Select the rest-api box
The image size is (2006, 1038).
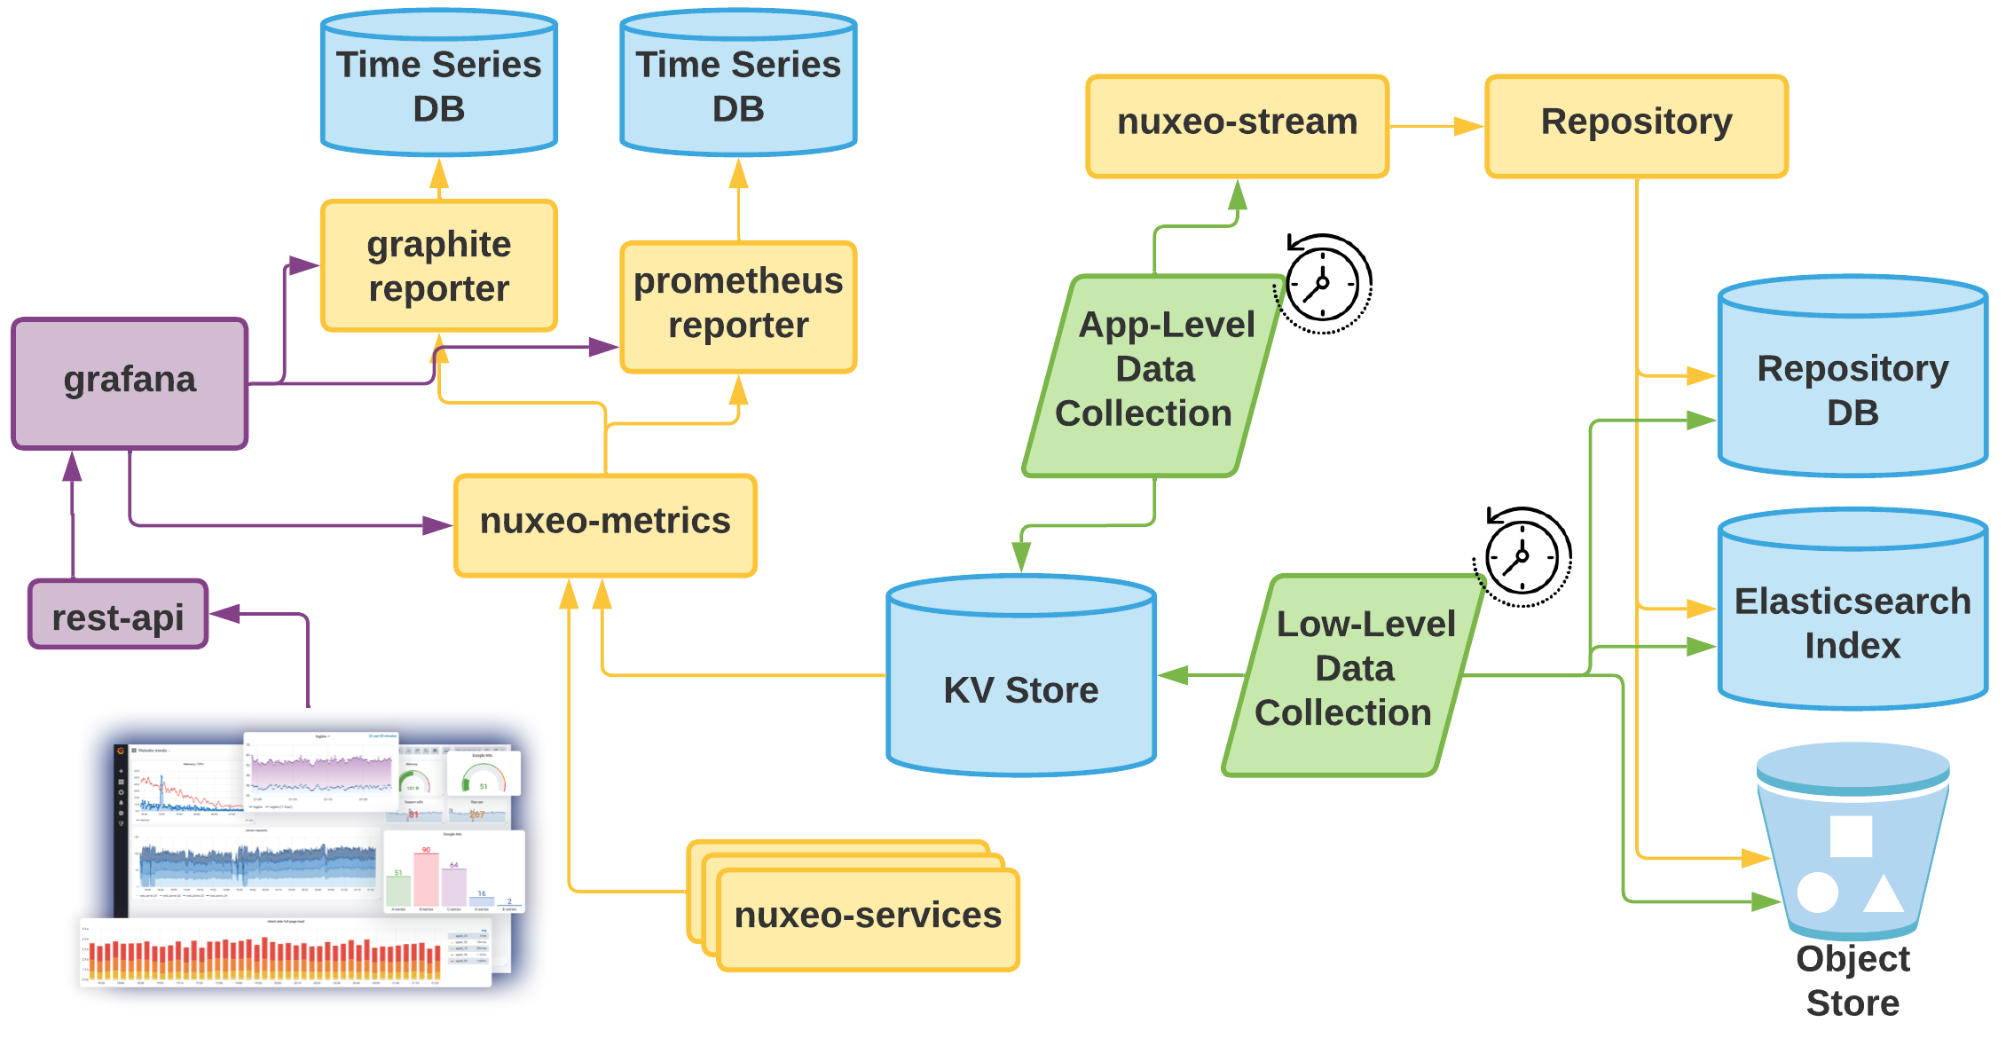(x=118, y=615)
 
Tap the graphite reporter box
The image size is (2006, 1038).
(x=438, y=266)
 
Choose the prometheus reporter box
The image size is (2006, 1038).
(x=738, y=307)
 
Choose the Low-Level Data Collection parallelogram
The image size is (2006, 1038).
(x=1354, y=674)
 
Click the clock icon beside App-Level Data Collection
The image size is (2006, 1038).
(x=1323, y=284)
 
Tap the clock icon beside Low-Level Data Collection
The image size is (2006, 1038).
(x=1522, y=557)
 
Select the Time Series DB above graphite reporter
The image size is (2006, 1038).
(x=438, y=85)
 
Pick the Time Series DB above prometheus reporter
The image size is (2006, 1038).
(x=738, y=85)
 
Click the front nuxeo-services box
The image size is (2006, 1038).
(x=868, y=919)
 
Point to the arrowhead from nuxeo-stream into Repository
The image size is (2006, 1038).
(x=1469, y=127)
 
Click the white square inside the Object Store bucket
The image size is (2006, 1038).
(x=1851, y=837)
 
